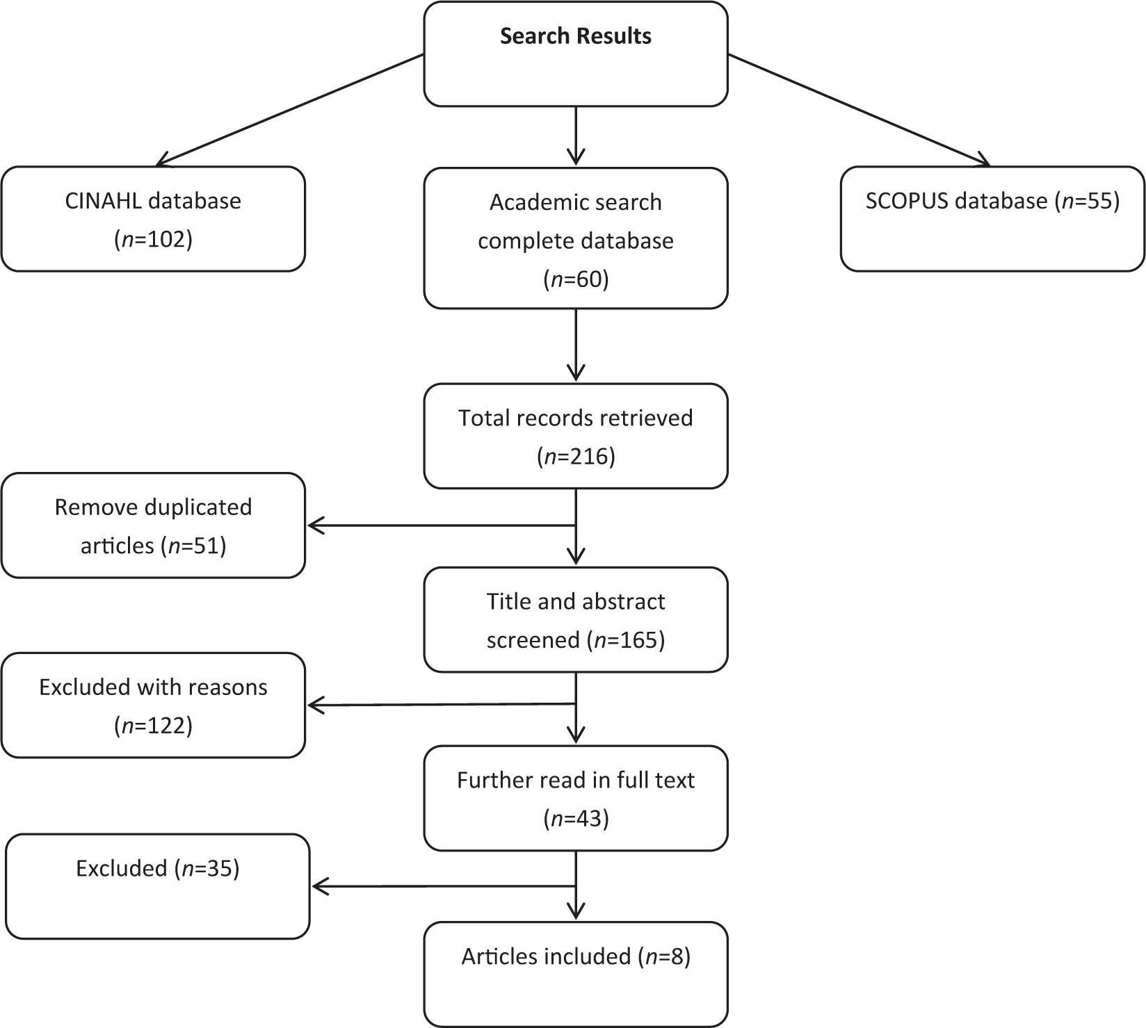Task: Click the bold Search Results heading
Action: pyautogui.click(x=576, y=36)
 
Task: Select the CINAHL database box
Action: pyautogui.click(x=153, y=219)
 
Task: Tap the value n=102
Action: pyautogui.click(x=153, y=239)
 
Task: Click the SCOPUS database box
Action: pyautogui.click(x=992, y=219)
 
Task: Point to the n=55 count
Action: pyautogui.click(x=1088, y=201)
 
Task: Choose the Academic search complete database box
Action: pyautogui.click(x=576, y=238)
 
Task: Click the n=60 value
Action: pyautogui.click(x=576, y=279)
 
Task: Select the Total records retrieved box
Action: pyautogui.click(x=576, y=436)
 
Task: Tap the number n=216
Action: pyautogui.click(x=576, y=456)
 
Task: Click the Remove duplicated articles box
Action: pyautogui.click(x=153, y=525)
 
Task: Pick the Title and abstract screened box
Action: pyautogui.click(x=576, y=619)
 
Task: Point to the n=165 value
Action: pyautogui.click(x=626, y=639)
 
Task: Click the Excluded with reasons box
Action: pyautogui.click(x=153, y=705)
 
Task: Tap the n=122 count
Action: pyautogui.click(x=153, y=725)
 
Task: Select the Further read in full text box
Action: pyautogui.click(x=576, y=798)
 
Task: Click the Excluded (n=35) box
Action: pyautogui.click(x=158, y=886)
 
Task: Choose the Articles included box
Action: pyautogui.click(x=576, y=974)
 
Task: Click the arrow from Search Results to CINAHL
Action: pyautogui.click(x=290, y=110)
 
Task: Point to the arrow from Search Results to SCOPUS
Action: pyautogui.click(x=859, y=110)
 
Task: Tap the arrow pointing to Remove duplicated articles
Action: pyautogui.click(x=442, y=525)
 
